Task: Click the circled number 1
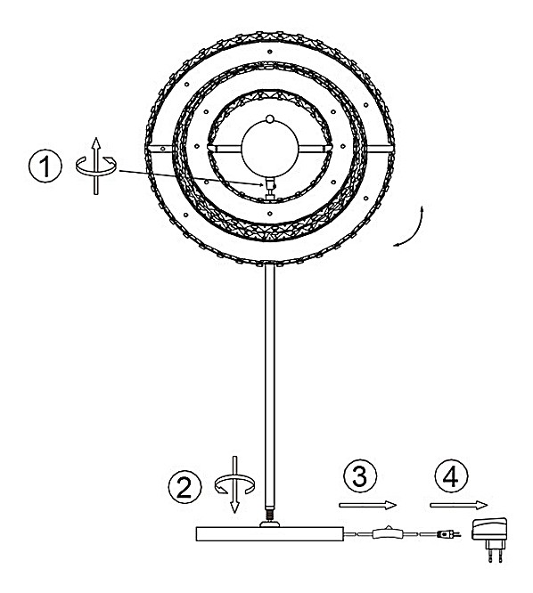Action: coord(45,167)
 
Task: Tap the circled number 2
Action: coord(184,487)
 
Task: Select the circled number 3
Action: coord(360,475)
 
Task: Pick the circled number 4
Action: coord(451,475)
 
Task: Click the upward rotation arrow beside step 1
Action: coord(96,166)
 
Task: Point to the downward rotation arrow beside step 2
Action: coord(234,484)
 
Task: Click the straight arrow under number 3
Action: coord(367,505)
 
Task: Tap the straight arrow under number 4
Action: coord(458,505)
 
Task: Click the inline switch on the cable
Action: coord(388,533)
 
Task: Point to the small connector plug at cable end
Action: coord(448,534)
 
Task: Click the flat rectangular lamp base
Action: coord(270,533)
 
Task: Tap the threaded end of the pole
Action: coord(270,515)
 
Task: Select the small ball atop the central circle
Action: coord(269,118)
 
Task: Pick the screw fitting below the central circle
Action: coord(270,187)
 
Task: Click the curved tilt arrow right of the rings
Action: coord(410,229)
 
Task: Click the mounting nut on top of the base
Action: coord(270,524)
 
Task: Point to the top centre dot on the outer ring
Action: coord(269,52)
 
